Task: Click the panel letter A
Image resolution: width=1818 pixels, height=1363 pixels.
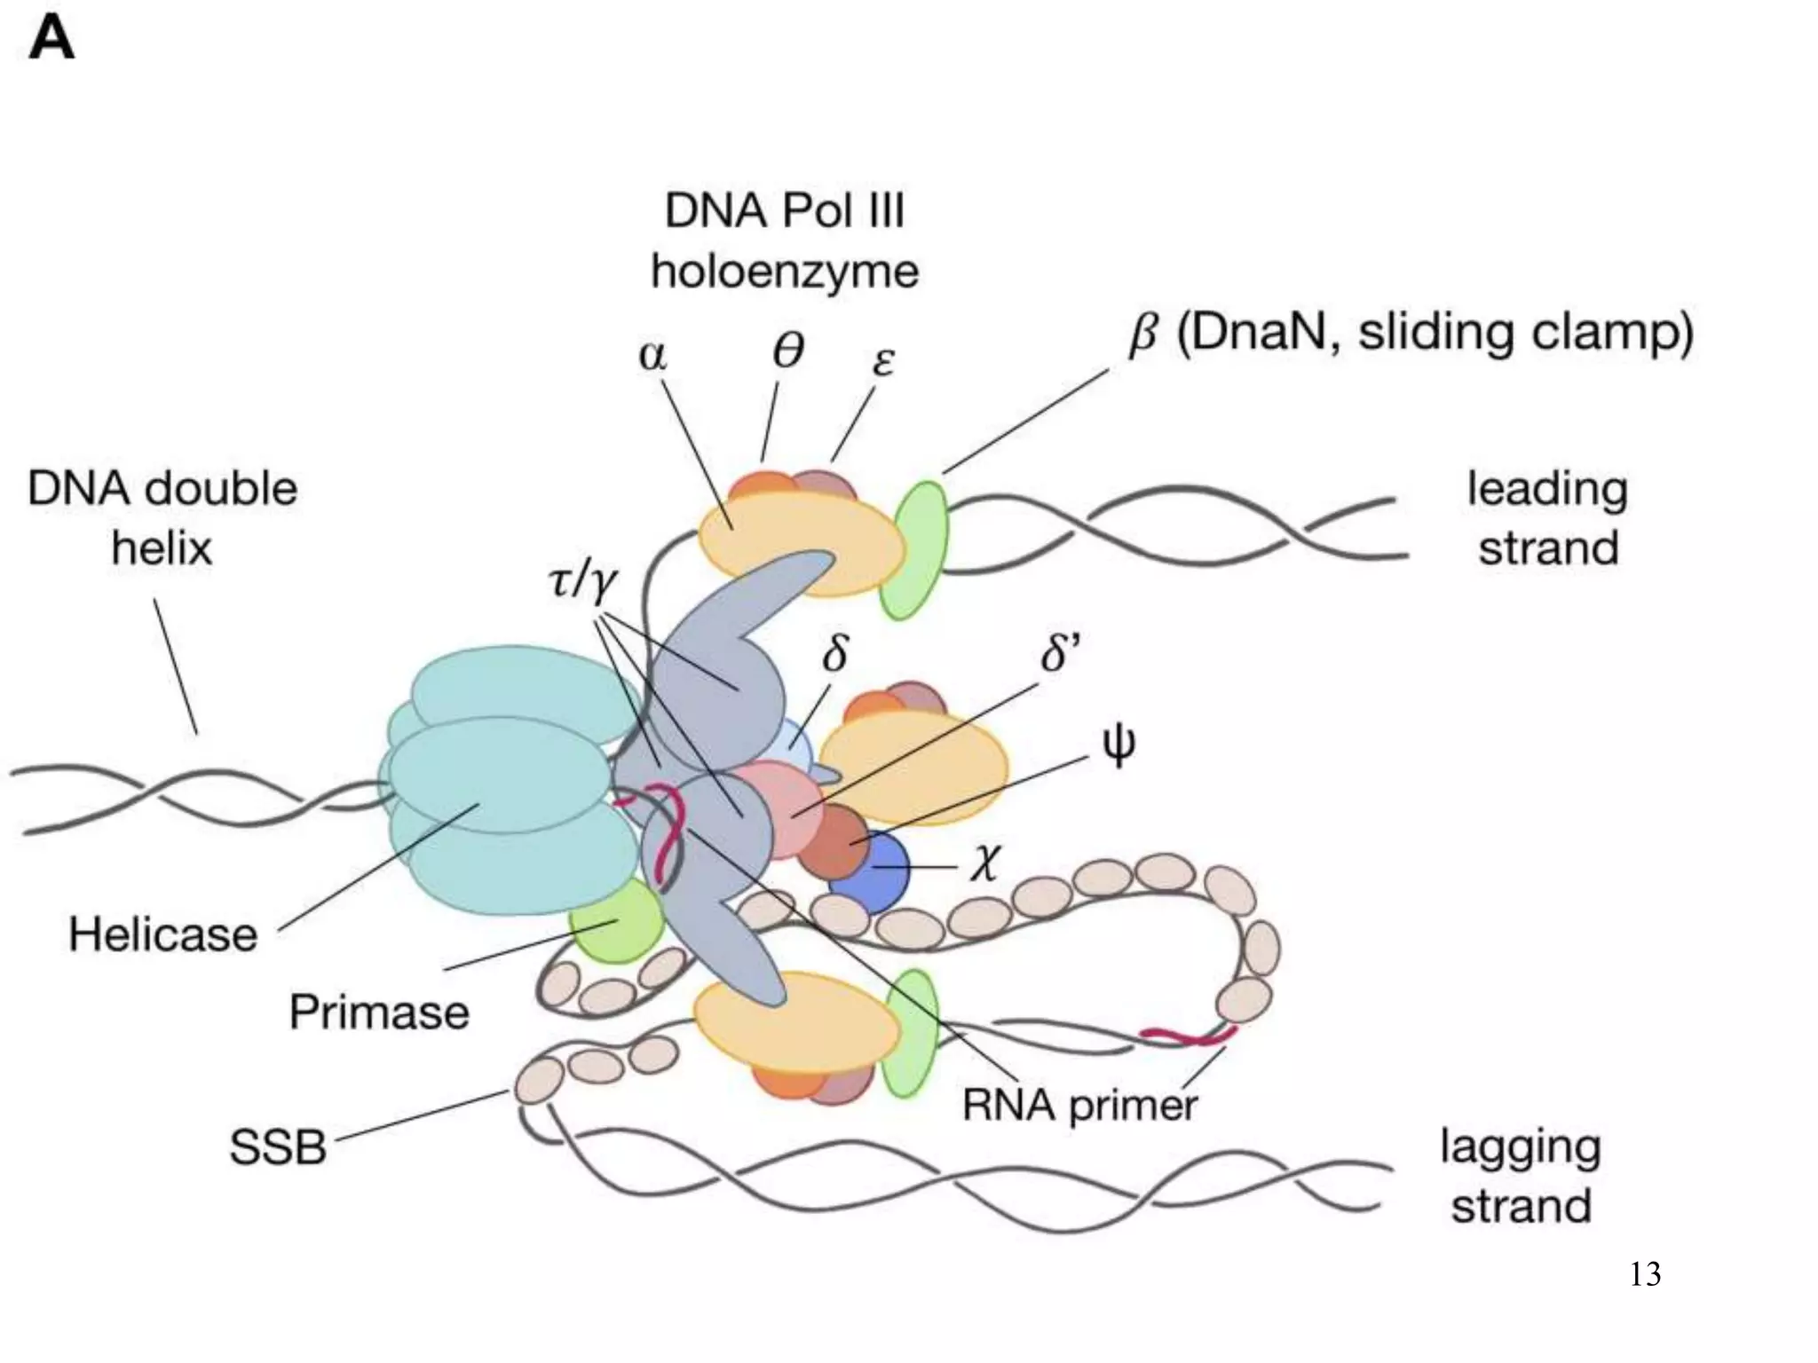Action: (x=51, y=41)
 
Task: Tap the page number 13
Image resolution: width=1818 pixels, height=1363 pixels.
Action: (x=1645, y=1274)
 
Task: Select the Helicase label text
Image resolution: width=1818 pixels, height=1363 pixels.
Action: (x=163, y=934)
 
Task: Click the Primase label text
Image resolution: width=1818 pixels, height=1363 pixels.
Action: (x=379, y=1012)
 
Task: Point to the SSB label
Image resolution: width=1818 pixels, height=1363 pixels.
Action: (x=278, y=1146)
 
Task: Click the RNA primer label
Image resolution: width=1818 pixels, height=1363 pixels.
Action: (x=1079, y=1106)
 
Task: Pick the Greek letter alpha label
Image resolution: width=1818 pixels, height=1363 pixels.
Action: (x=652, y=355)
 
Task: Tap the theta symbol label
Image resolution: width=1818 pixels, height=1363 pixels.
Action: (x=787, y=351)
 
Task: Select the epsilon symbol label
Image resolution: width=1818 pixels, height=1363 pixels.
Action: (x=883, y=361)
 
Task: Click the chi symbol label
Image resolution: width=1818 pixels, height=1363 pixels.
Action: (x=984, y=860)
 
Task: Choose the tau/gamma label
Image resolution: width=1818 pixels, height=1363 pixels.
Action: (x=582, y=582)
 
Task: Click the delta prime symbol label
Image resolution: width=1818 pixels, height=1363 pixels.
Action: (x=1060, y=655)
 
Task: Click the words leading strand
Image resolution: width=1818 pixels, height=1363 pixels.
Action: (x=1547, y=518)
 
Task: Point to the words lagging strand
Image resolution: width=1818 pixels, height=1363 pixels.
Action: (x=1520, y=1176)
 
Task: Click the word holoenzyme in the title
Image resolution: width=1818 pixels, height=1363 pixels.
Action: (x=785, y=271)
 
